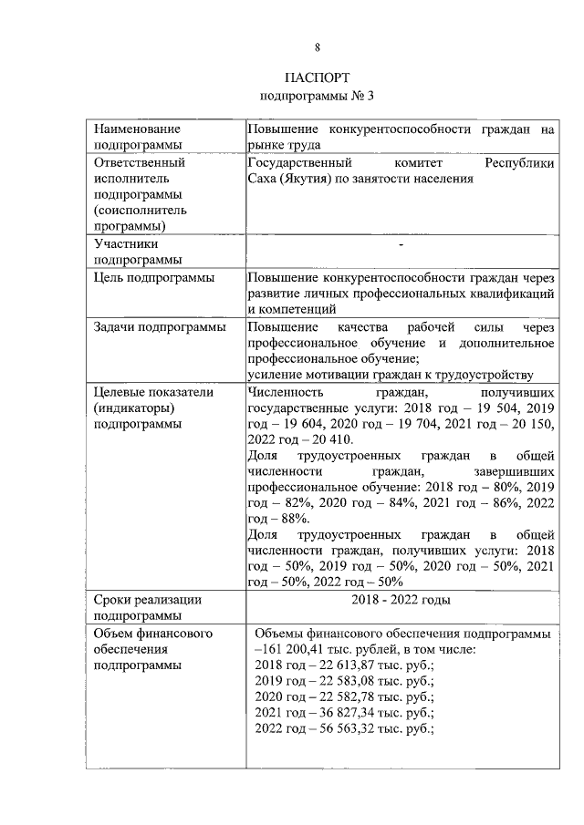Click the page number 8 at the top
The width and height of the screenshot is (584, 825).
pyautogui.click(x=317, y=47)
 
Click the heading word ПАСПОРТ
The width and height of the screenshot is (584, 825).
pyautogui.click(x=317, y=77)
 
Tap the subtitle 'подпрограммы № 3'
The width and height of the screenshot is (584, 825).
pyautogui.click(x=317, y=95)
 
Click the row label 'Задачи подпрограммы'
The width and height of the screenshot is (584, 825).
pyautogui.click(x=159, y=327)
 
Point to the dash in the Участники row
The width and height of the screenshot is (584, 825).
pyautogui.click(x=401, y=244)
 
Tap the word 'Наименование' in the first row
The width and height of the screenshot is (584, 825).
pyautogui.click(x=137, y=129)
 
